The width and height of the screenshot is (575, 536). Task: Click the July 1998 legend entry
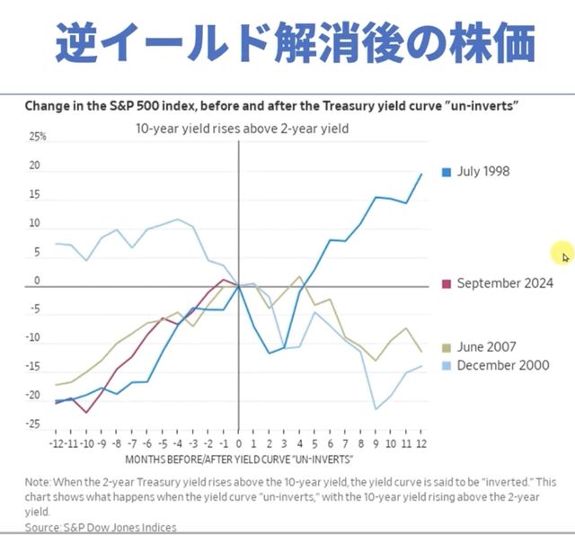click(483, 171)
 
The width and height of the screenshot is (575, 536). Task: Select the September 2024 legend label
click(504, 283)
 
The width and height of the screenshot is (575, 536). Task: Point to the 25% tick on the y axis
click(38, 138)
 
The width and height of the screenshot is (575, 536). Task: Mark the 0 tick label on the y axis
click(38, 281)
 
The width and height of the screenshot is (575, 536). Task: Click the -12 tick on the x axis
click(57, 442)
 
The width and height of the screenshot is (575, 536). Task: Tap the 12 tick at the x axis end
click(420, 442)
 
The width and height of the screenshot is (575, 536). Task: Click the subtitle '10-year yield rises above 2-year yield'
click(242, 129)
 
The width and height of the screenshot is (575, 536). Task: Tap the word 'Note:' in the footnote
click(40, 482)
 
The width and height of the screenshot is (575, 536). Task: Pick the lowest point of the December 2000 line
click(376, 409)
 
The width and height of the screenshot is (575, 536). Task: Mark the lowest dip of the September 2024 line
click(87, 412)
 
